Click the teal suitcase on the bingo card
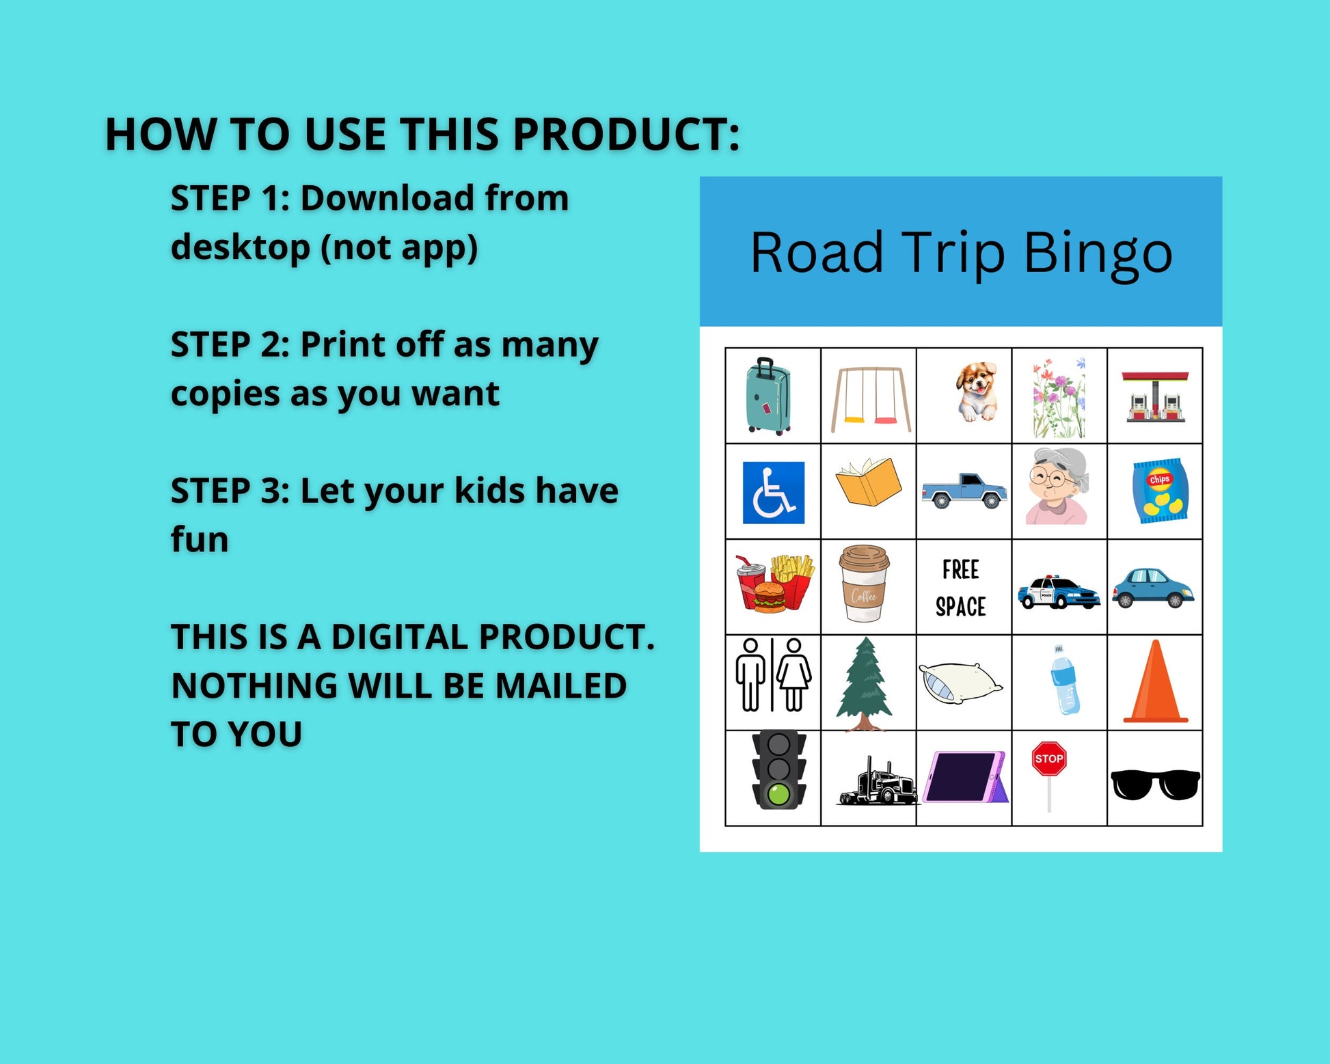click(769, 396)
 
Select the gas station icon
click(1155, 396)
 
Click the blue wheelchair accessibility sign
click(774, 492)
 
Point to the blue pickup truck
click(964, 491)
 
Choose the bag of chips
click(1160, 491)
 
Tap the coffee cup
click(865, 583)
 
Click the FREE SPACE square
click(964, 587)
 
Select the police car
click(1059, 592)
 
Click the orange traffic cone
click(1156, 681)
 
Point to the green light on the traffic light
click(778, 793)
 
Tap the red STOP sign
click(1049, 759)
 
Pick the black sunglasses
click(1155, 785)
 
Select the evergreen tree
click(865, 684)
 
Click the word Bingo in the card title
click(1098, 253)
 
